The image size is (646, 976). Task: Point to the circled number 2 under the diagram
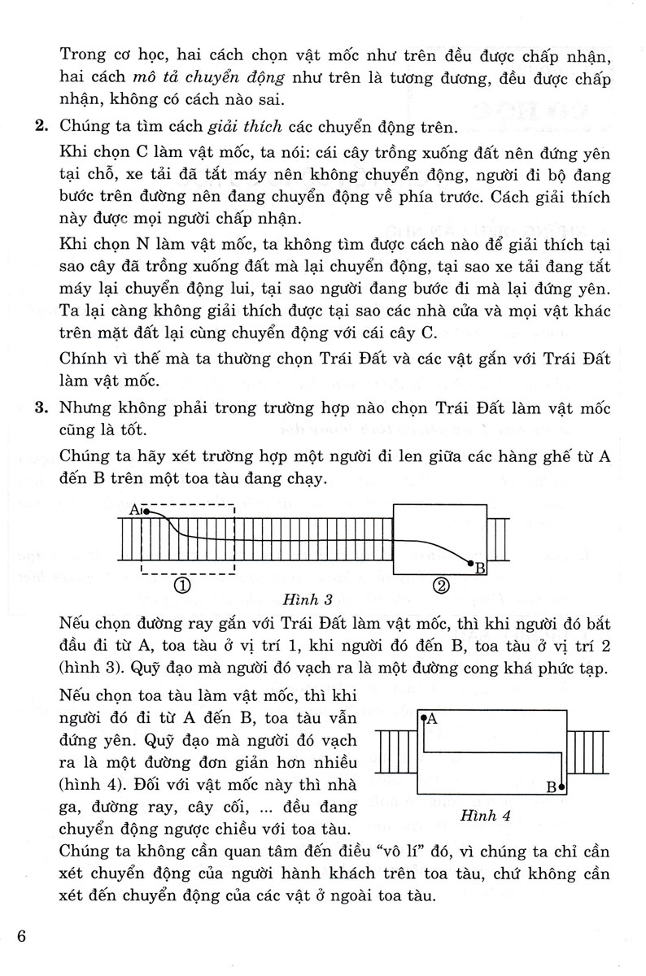click(x=439, y=585)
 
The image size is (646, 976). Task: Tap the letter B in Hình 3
click(x=480, y=569)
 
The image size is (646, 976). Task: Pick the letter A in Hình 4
click(x=432, y=718)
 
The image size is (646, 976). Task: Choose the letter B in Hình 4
click(x=551, y=786)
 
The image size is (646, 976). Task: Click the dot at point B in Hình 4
click(x=562, y=787)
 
